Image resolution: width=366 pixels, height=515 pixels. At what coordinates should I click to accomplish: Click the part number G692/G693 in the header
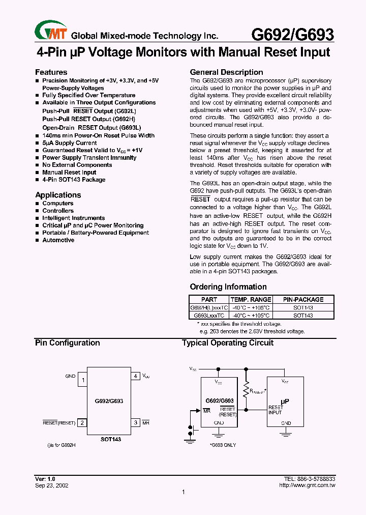click(x=293, y=35)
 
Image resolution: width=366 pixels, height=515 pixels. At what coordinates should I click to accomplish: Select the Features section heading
click(x=51, y=72)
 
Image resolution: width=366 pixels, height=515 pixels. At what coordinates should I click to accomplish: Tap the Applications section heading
click(x=58, y=195)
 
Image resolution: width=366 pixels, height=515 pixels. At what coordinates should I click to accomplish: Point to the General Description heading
click(x=226, y=72)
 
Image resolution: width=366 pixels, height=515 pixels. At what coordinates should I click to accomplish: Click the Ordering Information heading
click(x=228, y=287)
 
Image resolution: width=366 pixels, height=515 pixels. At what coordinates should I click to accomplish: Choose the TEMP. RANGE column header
click(x=251, y=300)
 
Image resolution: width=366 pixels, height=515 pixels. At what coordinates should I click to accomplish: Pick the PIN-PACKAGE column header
click(x=303, y=300)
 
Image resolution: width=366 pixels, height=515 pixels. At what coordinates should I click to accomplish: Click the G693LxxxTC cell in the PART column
click(x=209, y=316)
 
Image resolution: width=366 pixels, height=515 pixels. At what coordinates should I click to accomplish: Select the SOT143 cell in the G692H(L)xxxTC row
click(x=303, y=308)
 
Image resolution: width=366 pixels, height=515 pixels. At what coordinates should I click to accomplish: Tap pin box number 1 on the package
click(x=83, y=380)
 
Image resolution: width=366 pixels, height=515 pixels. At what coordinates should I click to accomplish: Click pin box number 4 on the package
click(x=136, y=377)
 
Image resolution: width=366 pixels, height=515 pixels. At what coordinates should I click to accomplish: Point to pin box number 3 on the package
click(x=136, y=422)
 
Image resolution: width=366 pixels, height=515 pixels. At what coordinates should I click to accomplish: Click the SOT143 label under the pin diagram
click(x=110, y=439)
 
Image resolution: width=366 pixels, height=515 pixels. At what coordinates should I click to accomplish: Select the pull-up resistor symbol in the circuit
click(x=247, y=389)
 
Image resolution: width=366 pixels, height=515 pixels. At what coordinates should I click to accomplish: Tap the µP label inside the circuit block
click(x=285, y=401)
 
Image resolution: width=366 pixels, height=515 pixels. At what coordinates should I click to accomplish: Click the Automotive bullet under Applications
click(x=58, y=240)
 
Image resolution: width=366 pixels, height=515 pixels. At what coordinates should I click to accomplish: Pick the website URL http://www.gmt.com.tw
click(x=307, y=485)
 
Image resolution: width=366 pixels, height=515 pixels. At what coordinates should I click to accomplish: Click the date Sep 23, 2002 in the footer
click(x=52, y=485)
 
